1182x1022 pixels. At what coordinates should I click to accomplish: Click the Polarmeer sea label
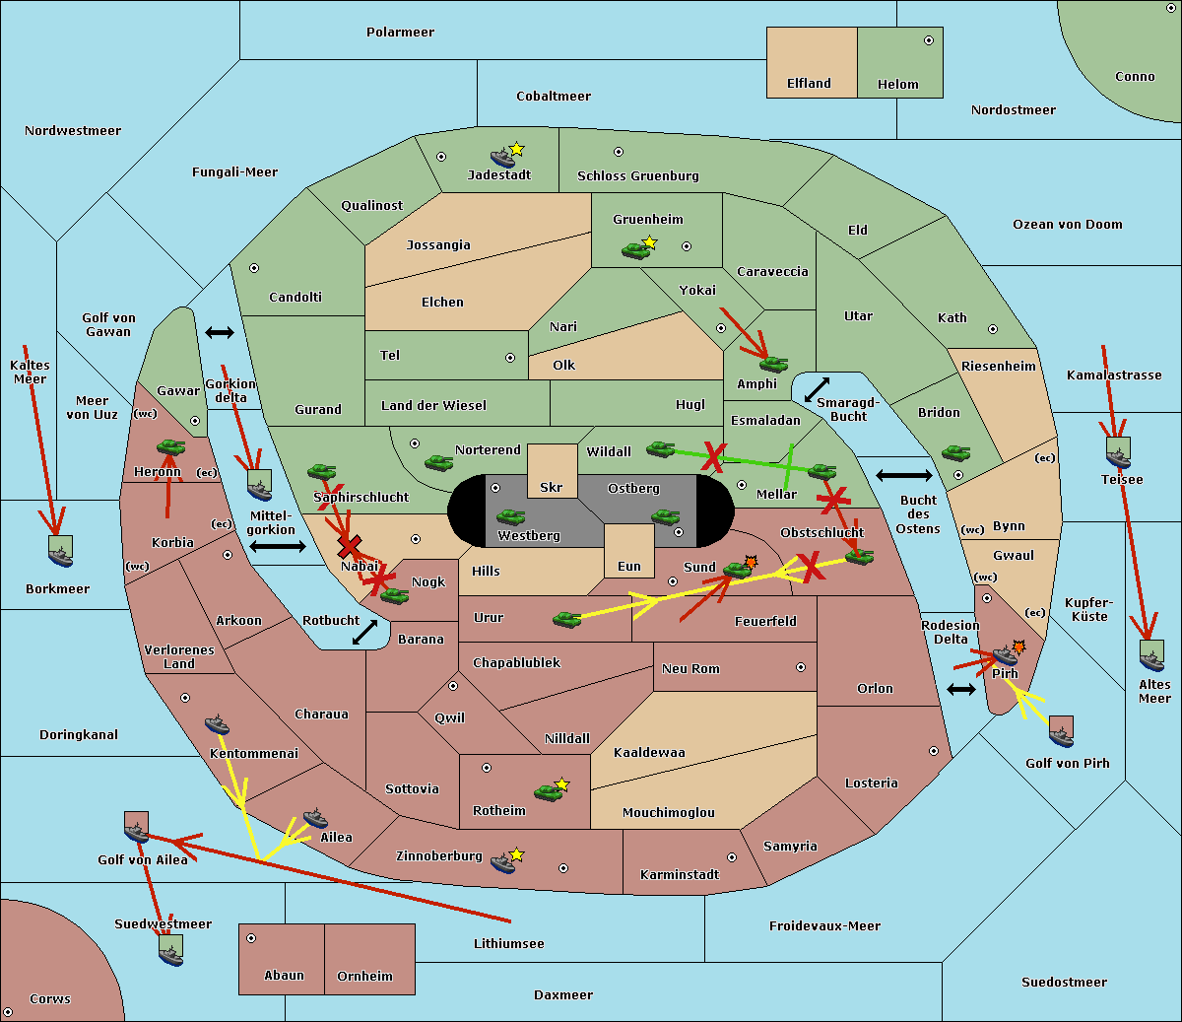pos(400,33)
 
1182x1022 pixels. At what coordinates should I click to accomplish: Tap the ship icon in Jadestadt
pos(502,157)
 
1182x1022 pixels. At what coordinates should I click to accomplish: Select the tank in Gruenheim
pos(635,250)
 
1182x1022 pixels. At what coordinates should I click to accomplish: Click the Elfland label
pos(809,84)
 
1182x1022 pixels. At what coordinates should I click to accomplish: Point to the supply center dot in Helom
pos(929,40)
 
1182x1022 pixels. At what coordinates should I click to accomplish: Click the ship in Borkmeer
pos(60,552)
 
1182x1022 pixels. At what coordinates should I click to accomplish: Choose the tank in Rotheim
pos(548,792)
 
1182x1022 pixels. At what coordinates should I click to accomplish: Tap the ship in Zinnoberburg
pos(502,862)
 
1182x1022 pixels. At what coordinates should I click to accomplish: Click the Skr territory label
pos(552,487)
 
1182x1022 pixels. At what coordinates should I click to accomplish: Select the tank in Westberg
pos(510,516)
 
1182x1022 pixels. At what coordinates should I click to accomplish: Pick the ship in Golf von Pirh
pos(1061,732)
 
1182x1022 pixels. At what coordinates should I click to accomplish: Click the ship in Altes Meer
pos(1151,655)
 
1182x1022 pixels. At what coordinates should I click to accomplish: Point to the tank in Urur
pos(566,619)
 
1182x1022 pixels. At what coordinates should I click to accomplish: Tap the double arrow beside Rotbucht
pos(364,632)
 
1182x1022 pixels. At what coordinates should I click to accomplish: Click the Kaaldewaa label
pos(649,752)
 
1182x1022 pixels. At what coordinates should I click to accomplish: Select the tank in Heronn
pos(171,446)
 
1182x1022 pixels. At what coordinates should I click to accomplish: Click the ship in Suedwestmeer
pos(171,950)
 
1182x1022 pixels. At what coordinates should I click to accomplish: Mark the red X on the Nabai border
pos(349,546)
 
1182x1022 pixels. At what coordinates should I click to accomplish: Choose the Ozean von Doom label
pos(1067,225)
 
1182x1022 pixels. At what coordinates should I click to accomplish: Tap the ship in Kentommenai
pos(218,724)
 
